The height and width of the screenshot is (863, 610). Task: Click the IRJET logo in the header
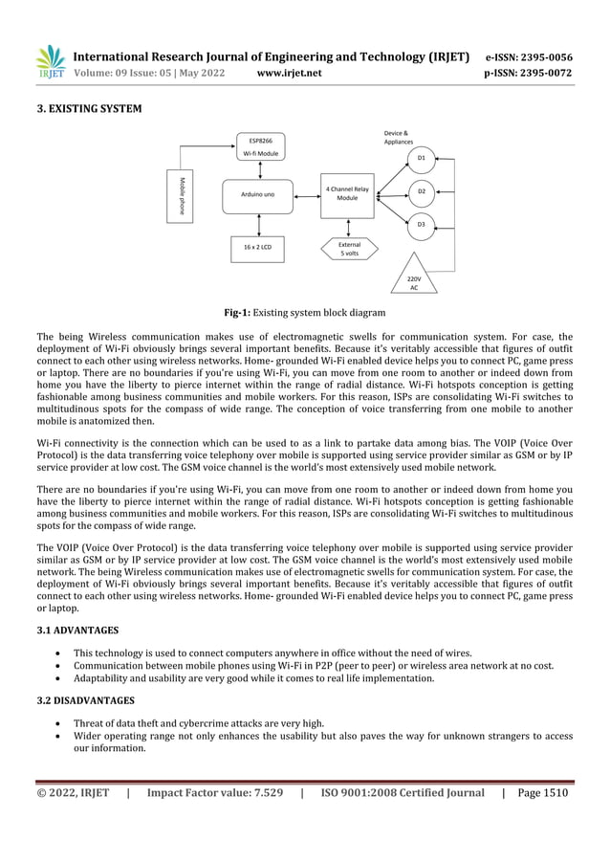(x=51, y=62)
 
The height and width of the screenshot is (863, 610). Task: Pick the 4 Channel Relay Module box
(x=347, y=195)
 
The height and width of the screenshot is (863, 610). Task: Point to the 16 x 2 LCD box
(x=256, y=248)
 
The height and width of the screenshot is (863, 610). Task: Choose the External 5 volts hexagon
(x=348, y=249)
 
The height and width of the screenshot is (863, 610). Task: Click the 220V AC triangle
(x=413, y=275)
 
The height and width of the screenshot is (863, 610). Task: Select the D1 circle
(x=422, y=158)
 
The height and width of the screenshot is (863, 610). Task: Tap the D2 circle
(x=422, y=192)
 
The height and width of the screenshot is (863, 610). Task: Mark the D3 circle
(x=422, y=225)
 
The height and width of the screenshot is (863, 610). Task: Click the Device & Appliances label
(x=398, y=137)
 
